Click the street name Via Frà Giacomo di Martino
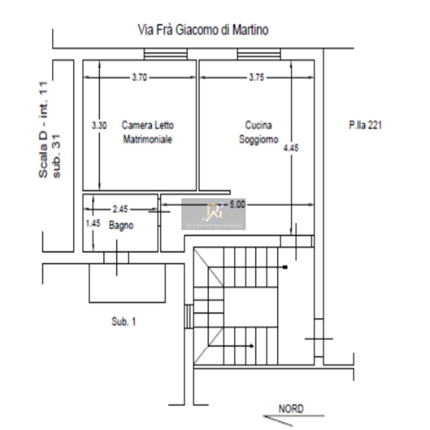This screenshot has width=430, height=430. click(x=203, y=30)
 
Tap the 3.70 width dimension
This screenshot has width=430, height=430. click(x=139, y=77)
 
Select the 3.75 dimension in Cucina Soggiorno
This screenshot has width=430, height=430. click(x=257, y=77)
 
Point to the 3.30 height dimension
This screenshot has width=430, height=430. click(x=99, y=125)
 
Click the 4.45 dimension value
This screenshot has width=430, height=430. click(x=291, y=148)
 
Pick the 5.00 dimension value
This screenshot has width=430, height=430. click(x=238, y=205)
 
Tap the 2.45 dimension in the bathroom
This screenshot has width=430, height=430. click(x=120, y=209)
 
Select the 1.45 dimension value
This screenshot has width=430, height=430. click(x=93, y=223)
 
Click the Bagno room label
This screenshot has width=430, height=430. click(x=121, y=225)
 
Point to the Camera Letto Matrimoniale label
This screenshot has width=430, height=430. click(x=148, y=132)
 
